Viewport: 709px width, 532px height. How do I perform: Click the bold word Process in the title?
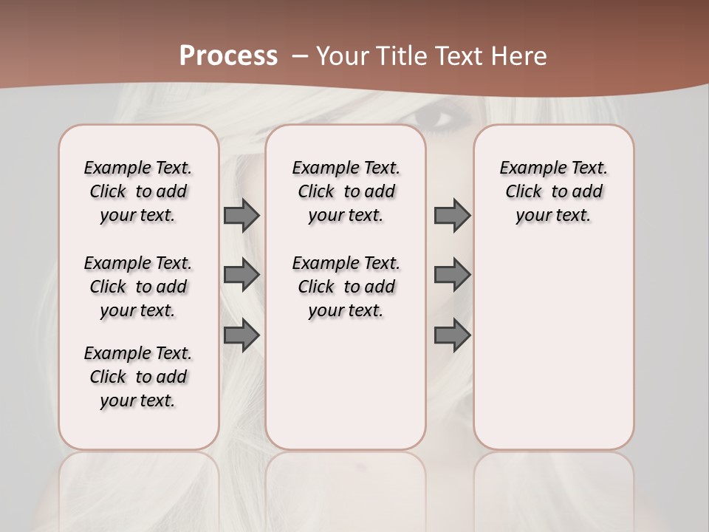(x=228, y=56)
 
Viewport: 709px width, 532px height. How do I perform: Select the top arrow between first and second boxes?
(x=242, y=216)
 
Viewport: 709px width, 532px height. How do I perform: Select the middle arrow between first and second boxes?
(x=242, y=275)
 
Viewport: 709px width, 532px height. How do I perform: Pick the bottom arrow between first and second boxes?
(x=242, y=336)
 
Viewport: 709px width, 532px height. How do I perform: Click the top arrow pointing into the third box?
(x=452, y=216)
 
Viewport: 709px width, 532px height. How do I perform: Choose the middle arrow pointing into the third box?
(x=452, y=275)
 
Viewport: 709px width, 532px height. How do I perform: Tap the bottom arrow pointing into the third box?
(x=452, y=336)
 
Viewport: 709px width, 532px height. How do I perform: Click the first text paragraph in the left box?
(x=138, y=191)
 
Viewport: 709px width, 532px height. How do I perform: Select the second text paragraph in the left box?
(x=138, y=287)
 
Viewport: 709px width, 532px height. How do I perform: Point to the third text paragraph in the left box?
(x=138, y=377)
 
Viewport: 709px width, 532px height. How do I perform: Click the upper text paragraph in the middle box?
(x=346, y=191)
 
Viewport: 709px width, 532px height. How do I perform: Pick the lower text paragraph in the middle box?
(x=346, y=287)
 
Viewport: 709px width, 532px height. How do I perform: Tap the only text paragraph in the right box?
(x=553, y=191)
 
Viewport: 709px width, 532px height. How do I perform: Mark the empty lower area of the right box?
(x=553, y=347)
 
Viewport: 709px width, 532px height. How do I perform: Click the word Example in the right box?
(x=527, y=168)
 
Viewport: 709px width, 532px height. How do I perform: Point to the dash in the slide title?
(x=300, y=56)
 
